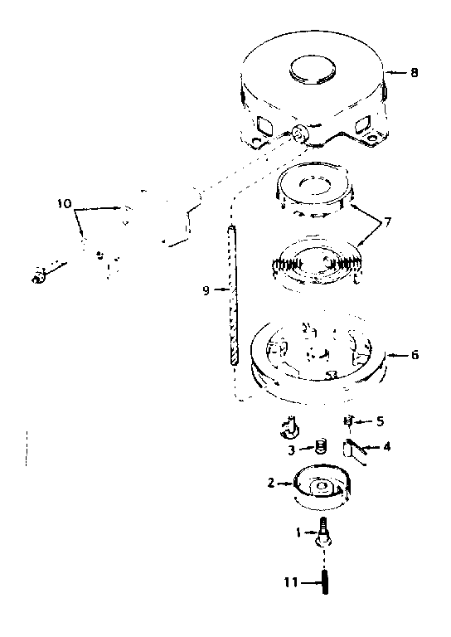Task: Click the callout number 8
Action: (414, 73)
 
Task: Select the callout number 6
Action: (414, 355)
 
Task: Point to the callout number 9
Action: (206, 290)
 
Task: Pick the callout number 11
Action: (291, 582)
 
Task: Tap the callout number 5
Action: (380, 421)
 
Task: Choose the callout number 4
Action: (387, 447)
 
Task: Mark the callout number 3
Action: (292, 450)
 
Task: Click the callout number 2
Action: (271, 483)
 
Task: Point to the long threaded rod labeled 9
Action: (233, 296)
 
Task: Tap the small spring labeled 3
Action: (321, 446)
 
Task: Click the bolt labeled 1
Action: (322, 533)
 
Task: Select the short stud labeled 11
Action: (325, 583)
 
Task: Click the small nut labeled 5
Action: (348, 421)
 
